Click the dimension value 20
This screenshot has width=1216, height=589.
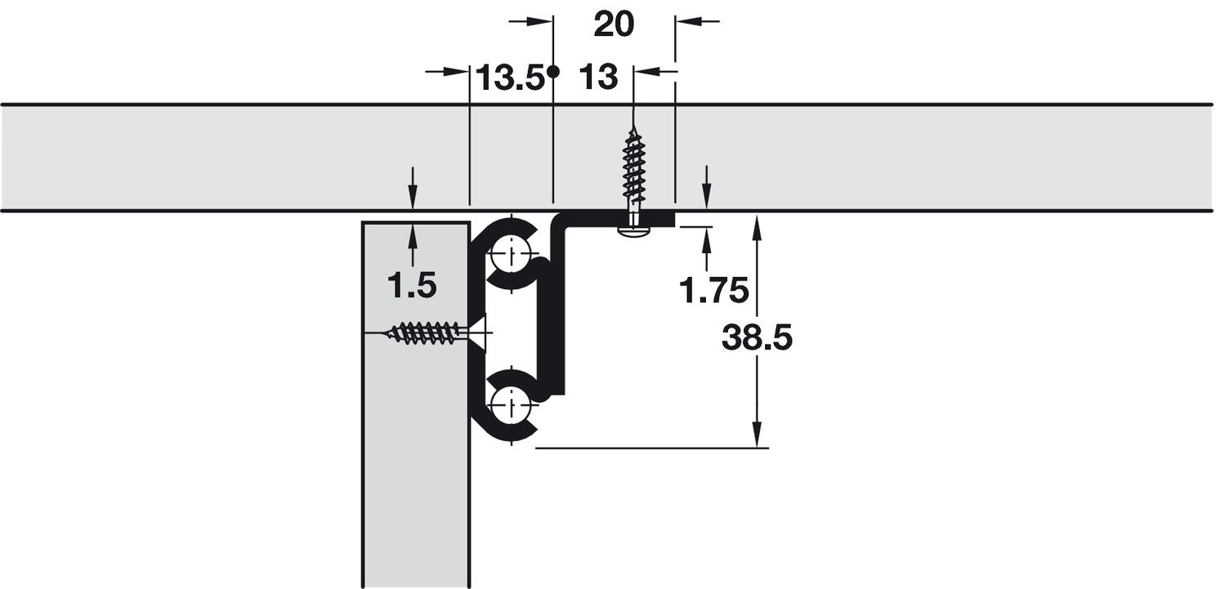point(614,25)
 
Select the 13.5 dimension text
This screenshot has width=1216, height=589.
point(510,78)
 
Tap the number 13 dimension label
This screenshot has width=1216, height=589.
point(598,77)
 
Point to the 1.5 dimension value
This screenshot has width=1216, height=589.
point(412,286)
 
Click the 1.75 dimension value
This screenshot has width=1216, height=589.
point(714,291)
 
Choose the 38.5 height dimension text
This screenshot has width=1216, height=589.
point(758,337)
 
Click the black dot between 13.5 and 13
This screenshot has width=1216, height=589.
point(552,71)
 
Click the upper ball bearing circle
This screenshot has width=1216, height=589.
point(511,254)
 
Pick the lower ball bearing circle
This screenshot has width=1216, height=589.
point(511,404)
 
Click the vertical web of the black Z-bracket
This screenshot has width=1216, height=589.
point(558,304)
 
